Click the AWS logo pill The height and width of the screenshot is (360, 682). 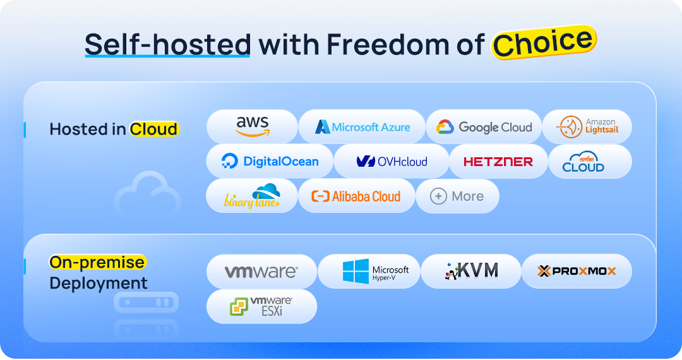(x=252, y=126)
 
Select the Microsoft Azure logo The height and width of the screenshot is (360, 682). (x=362, y=127)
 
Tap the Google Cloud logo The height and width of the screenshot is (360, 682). (x=484, y=127)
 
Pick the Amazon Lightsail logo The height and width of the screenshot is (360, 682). (x=587, y=127)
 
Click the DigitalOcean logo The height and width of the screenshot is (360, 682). (x=270, y=162)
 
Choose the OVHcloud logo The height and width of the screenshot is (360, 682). (x=392, y=162)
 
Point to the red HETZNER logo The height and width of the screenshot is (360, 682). (x=498, y=162)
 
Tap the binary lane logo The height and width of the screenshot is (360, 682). (x=251, y=196)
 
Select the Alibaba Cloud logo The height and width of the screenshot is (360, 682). (x=356, y=196)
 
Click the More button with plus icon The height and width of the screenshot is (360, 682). (x=457, y=196)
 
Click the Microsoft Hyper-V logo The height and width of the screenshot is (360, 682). (x=369, y=271)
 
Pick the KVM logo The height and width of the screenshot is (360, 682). (x=471, y=271)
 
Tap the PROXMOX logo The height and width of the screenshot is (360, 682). (x=577, y=271)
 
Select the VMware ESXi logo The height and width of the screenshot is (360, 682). (x=261, y=306)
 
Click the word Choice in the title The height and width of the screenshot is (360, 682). (x=544, y=42)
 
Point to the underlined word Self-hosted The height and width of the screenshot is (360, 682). (x=167, y=44)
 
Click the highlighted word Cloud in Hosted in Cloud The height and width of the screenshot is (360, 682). (x=153, y=129)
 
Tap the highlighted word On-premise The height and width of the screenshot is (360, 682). (x=97, y=262)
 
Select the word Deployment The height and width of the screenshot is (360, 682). (x=99, y=283)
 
